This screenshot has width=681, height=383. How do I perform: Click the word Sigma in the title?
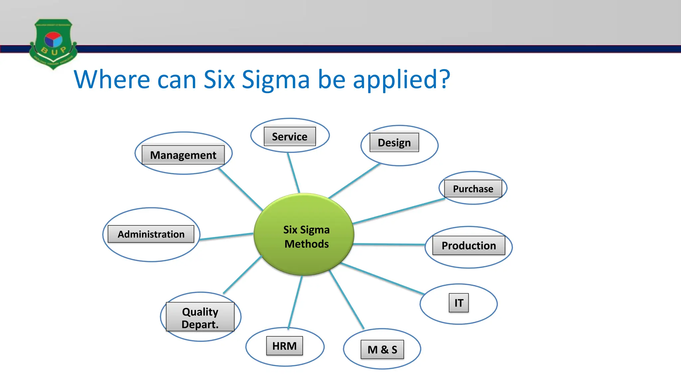coord(276,80)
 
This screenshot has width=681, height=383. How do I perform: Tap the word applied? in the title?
coord(401,80)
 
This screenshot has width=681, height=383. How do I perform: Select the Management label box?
coord(183,155)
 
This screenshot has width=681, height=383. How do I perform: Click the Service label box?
coord(290,136)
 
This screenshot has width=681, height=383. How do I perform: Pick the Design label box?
coord(394,143)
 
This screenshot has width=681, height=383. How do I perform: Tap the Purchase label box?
coord(473,189)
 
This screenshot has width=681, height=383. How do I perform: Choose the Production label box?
coord(469,245)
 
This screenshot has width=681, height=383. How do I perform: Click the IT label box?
coord(459,303)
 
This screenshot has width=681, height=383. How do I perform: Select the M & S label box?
coord(382,349)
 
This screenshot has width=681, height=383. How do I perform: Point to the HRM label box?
coord(284,346)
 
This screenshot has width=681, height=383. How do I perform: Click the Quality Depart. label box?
coord(200,318)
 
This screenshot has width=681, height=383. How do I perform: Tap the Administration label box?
coord(151,234)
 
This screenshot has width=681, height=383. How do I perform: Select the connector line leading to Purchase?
coord(399,211)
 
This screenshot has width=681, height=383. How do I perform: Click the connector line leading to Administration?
coord(226,236)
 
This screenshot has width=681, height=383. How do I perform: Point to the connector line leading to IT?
coord(382,279)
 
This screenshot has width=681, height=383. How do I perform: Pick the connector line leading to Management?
coord(241,189)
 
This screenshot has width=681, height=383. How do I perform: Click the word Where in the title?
coord(112,80)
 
